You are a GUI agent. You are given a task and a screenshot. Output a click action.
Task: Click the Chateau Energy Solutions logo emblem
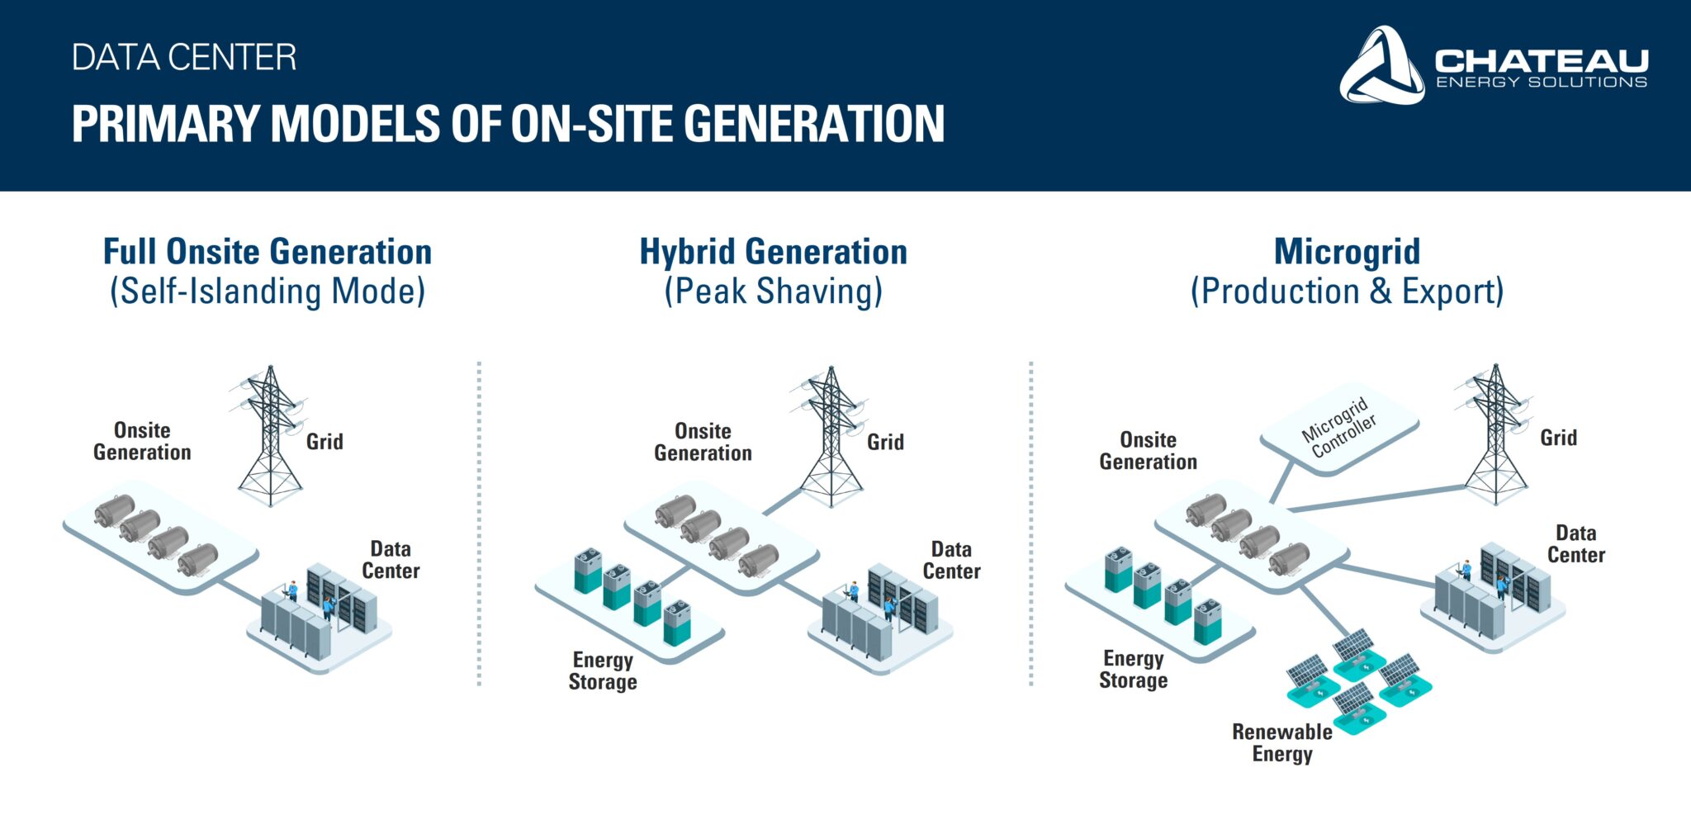pos(1381,66)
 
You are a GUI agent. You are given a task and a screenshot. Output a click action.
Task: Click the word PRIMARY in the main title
pos(165,124)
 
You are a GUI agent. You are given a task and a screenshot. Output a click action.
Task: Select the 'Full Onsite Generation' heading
pos(268,252)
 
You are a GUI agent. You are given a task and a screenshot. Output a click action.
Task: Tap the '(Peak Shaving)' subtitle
pos(774,292)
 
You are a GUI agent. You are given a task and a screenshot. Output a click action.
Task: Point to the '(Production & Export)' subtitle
pos(1347,292)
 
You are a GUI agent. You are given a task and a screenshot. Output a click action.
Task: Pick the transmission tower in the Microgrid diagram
pos(1495,434)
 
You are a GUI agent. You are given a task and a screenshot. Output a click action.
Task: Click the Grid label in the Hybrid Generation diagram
pos(885,443)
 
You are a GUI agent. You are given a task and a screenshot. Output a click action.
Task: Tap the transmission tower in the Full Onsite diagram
pos(270,436)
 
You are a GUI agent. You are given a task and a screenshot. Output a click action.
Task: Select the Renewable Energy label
pos(1282,743)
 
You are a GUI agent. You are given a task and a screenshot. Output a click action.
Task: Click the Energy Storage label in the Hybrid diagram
pos(603,671)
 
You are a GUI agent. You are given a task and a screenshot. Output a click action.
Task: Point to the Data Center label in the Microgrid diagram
pos(1576,544)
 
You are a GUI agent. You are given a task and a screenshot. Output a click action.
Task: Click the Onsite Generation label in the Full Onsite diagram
pos(142,441)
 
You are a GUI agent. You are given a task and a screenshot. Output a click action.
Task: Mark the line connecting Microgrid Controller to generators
pos(1282,481)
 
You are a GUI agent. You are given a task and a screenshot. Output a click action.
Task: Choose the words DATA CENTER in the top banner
pos(184,58)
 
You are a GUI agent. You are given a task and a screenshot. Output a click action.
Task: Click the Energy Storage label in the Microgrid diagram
pos(1134,670)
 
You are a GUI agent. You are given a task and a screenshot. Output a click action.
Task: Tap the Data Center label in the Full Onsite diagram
pos(391,560)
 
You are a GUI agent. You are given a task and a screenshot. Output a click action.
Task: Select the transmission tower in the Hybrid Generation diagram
pos(831,436)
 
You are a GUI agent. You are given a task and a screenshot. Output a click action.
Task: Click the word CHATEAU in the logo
pos(1542,60)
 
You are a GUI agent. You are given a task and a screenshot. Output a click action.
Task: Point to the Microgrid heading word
pos(1347,252)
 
